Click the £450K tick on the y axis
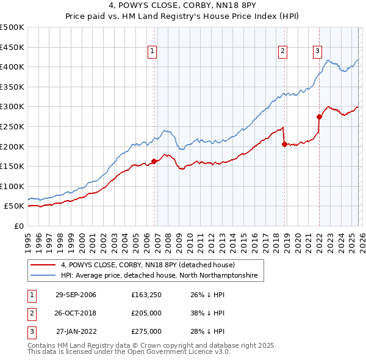12,47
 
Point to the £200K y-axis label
12,146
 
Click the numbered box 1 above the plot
152,51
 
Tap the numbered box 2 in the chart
283,51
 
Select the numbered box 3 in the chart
318,51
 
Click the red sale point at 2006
154,161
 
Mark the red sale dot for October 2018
284,145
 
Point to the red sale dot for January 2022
319,117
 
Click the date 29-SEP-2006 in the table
76,295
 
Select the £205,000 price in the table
146,313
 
